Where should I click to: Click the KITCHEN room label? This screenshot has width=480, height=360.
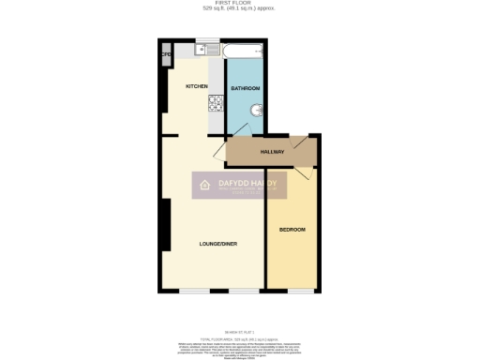(x=196, y=86)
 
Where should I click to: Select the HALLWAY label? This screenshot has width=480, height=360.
(x=272, y=151)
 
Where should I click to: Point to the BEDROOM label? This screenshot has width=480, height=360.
(x=292, y=229)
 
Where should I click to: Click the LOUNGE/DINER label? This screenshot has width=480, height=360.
(x=217, y=244)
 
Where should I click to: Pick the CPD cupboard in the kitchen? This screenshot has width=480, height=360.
(x=166, y=54)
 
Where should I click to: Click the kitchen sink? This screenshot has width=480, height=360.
(x=202, y=49)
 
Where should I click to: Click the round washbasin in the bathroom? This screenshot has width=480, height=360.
(x=258, y=119)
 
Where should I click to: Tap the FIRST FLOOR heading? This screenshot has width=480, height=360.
(x=240, y=4)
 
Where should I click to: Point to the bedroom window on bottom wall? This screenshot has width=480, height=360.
(x=300, y=289)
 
